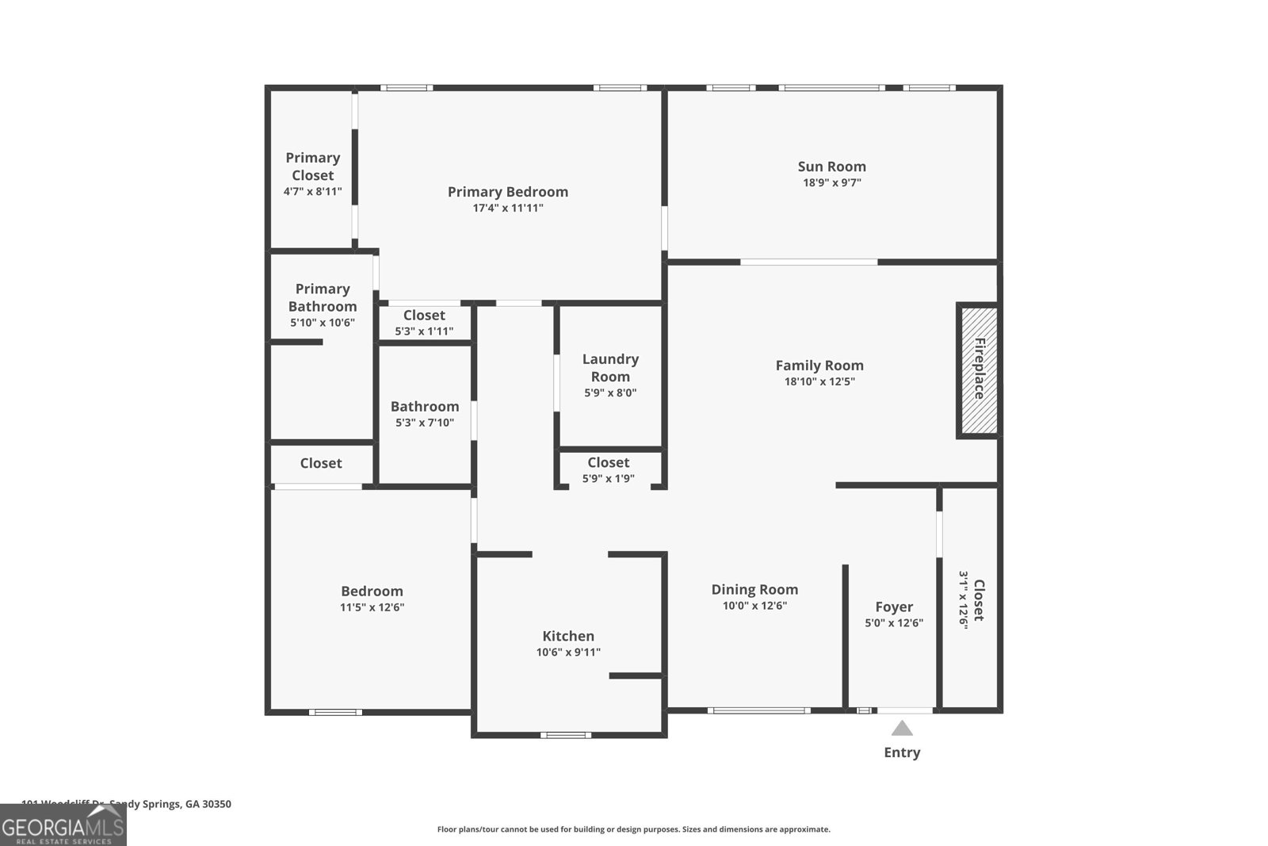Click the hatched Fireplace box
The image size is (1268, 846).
point(979,369)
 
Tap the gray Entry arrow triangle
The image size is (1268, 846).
point(902,728)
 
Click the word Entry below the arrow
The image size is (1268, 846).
point(902,752)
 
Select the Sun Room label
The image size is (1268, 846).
point(831,167)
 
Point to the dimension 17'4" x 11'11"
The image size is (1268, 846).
point(508,209)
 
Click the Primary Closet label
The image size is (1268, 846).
point(312,167)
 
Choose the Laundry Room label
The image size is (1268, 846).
point(610,368)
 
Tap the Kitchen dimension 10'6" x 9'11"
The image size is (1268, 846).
point(568,653)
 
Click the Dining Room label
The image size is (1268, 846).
point(754,589)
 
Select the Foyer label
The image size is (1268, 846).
point(894,607)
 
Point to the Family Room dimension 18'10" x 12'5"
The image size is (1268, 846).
point(819,381)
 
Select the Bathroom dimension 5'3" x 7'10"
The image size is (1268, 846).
point(425,423)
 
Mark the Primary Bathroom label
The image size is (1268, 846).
point(322,297)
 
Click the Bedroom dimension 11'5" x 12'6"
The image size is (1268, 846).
point(372,607)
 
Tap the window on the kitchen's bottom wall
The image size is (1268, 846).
point(566,735)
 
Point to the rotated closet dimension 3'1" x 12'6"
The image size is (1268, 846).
point(964,599)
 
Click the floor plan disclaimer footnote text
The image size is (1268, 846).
point(633,829)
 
